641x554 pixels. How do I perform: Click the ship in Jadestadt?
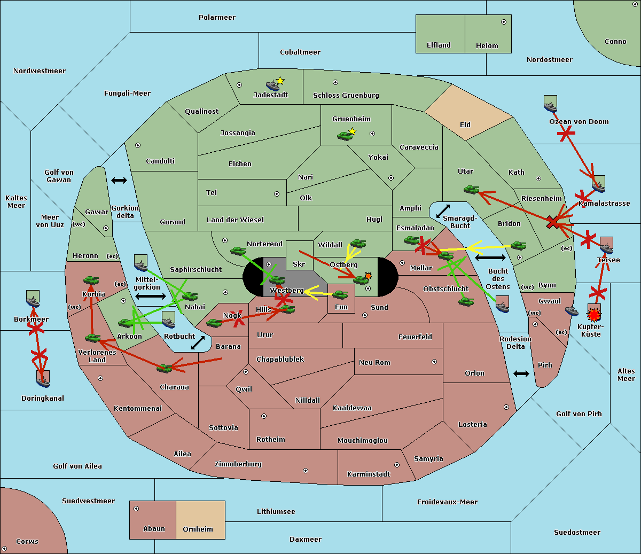pyautogui.click(x=272, y=85)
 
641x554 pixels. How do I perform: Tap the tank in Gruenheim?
pyautogui.click(x=344, y=136)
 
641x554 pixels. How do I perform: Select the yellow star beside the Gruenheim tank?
pyautogui.click(x=353, y=131)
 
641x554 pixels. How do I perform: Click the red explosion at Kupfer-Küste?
pyautogui.click(x=594, y=315)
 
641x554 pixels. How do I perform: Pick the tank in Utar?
pyautogui.click(x=471, y=189)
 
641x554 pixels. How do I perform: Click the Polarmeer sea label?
pyautogui.click(x=217, y=18)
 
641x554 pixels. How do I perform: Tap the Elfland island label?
pyautogui.click(x=439, y=45)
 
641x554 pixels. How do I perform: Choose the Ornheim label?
pyautogui.click(x=198, y=529)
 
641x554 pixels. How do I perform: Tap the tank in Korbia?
pyautogui.click(x=91, y=280)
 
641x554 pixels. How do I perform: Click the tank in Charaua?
pyautogui.click(x=165, y=369)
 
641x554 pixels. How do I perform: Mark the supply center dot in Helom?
pyautogui.click(x=504, y=22)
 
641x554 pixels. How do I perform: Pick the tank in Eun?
pyautogui.click(x=340, y=295)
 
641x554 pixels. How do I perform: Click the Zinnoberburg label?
pyautogui.click(x=238, y=464)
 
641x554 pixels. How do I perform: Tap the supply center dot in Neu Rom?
pyautogui.click(x=434, y=362)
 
